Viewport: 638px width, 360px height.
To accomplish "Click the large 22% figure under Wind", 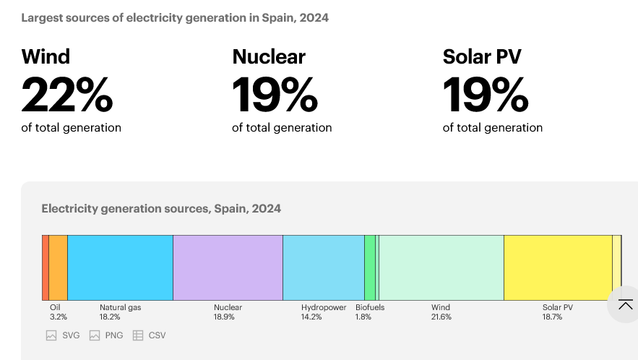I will [x=67, y=95].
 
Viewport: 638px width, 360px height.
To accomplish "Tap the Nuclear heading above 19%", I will [x=269, y=56].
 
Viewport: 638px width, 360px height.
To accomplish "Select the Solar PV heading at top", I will [x=482, y=56].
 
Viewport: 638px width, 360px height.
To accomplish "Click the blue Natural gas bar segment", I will [x=120, y=267].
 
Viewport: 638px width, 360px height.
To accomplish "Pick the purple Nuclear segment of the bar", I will [x=228, y=267].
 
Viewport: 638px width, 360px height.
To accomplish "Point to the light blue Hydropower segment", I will [x=323, y=267].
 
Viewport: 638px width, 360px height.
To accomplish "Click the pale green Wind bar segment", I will [x=441, y=267].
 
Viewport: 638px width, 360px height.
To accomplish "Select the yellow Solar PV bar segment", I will [x=557, y=267].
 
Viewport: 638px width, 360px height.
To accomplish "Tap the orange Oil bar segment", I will [x=59, y=267].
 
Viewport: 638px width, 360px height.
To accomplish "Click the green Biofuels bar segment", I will [x=369, y=267].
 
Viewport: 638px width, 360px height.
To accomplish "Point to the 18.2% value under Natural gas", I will [x=110, y=317].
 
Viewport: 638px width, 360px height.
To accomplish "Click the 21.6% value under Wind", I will [x=441, y=317].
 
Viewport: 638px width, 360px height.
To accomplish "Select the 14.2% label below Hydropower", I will [x=311, y=317].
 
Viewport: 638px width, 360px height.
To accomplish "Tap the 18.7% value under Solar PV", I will [x=553, y=317].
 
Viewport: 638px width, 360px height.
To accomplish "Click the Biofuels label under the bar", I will [x=370, y=307].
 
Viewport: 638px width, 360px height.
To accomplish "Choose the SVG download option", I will [x=64, y=335].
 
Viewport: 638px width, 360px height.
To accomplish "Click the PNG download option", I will [x=107, y=335].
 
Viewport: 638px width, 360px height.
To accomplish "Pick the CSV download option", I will [x=150, y=335].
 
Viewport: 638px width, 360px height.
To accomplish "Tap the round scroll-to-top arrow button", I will [x=625, y=304].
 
